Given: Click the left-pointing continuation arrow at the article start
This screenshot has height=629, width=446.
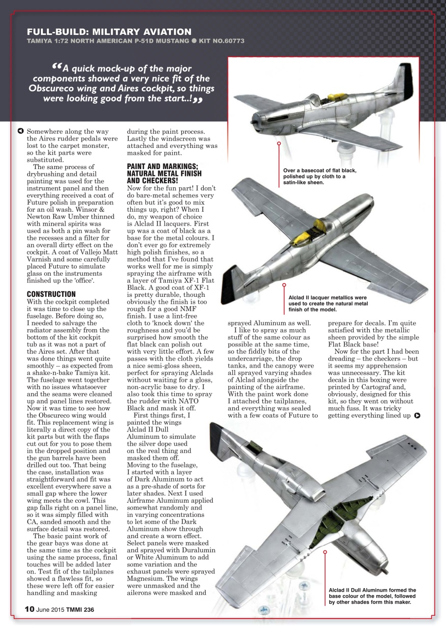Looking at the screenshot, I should click(20, 131).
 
